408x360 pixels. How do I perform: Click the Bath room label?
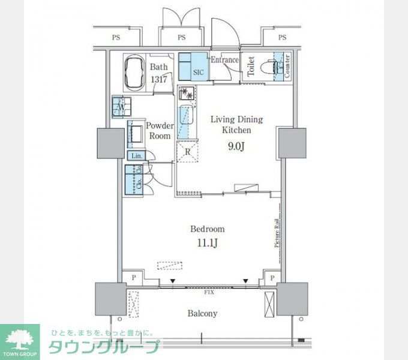tap(159, 67)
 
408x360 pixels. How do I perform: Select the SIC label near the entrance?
tap(199, 73)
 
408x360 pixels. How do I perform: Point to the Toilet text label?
tap(251, 67)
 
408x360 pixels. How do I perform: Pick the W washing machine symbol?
tap(121, 107)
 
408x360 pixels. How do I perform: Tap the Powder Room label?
tap(160, 131)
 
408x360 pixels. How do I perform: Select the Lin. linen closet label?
tap(136, 156)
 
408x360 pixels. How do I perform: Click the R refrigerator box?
tap(188, 151)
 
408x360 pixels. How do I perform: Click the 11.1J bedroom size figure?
tap(207, 242)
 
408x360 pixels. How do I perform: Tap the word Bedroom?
tap(207, 229)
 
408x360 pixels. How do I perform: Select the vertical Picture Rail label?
tap(277, 232)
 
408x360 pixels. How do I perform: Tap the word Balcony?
tap(202, 313)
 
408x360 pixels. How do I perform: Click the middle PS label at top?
tap(181, 38)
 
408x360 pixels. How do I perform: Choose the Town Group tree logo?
tap(20, 339)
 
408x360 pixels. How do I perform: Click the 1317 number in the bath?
tap(158, 79)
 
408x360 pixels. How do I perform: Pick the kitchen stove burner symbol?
tap(187, 94)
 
